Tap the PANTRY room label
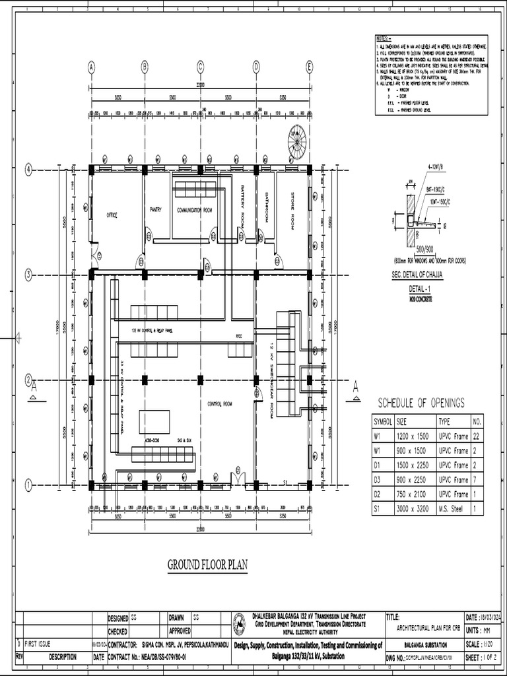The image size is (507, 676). pyautogui.click(x=156, y=209)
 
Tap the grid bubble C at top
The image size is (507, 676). pyautogui.click(x=200, y=66)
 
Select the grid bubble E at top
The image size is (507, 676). pyautogui.click(x=309, y=66)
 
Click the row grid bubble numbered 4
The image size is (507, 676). pyautogui.click(x=28, y=168)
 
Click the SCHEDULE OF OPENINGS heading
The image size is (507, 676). pyautogui.click(x=421, y=403)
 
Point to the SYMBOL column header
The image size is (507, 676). pyautogui.click(x=384, y=421)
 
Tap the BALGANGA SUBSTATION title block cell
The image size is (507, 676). pyautogui.click(x=423, y=644)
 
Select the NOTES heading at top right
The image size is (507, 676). pyautogui.click(x=384, y=39)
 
